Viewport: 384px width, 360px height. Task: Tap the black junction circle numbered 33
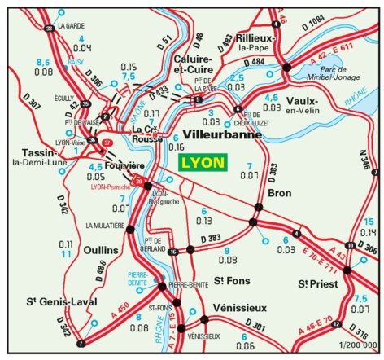50,29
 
